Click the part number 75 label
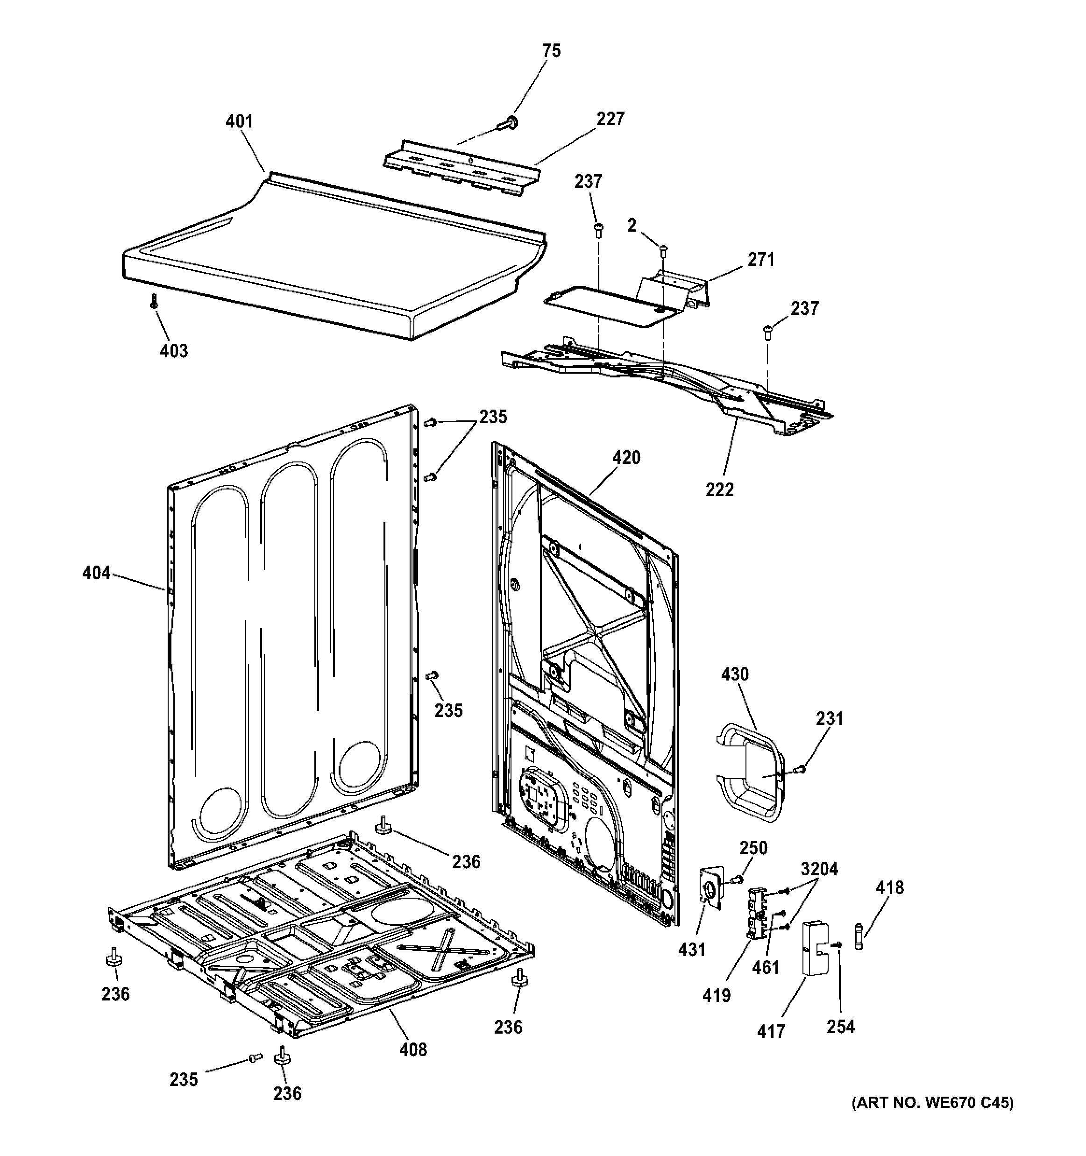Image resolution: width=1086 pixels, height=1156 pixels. [551, 51]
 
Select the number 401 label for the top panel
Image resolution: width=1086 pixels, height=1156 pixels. [239, 121]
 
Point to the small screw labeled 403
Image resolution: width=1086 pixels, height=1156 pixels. [154, 301]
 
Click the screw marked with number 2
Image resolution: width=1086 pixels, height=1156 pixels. [663, 250]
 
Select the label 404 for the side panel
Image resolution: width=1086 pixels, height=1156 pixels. [96, 574]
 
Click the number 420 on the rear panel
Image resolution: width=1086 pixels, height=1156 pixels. [626, 458]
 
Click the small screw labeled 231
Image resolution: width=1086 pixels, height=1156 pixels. [801, 769]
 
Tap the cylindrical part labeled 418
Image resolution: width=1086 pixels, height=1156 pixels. [860, 936]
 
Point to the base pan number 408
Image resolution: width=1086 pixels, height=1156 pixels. [413, 1049]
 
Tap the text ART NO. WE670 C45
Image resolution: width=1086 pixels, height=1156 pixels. [932, 1119]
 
